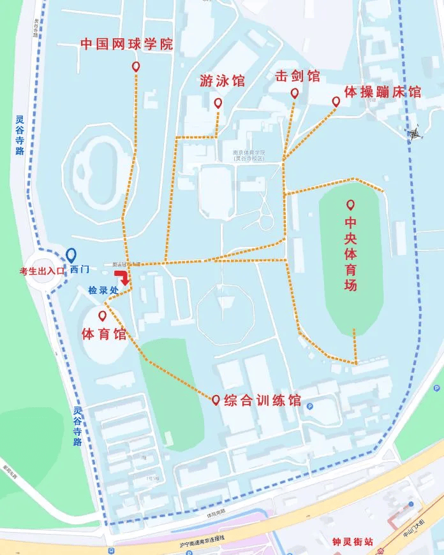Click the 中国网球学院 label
click(126, 45)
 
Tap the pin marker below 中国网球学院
click(135, 67)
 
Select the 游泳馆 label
click(222, 81)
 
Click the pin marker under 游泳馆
click(218, 103)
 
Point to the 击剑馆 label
click(297, 76)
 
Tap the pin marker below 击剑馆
click(295, 93)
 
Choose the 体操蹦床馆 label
click(383, 92)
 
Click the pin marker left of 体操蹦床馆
click(336, 101)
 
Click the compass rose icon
click(415, 133)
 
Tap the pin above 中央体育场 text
click(350, 205)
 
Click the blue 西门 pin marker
click(71, 256)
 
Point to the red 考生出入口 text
click(42, 271)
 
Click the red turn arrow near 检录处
click(121, 277)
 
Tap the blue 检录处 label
click(103, 290)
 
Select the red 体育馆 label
click(105, 334)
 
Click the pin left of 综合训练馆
click(216, 400)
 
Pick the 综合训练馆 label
click(262, 401)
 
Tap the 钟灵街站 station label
click(352, 542)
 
